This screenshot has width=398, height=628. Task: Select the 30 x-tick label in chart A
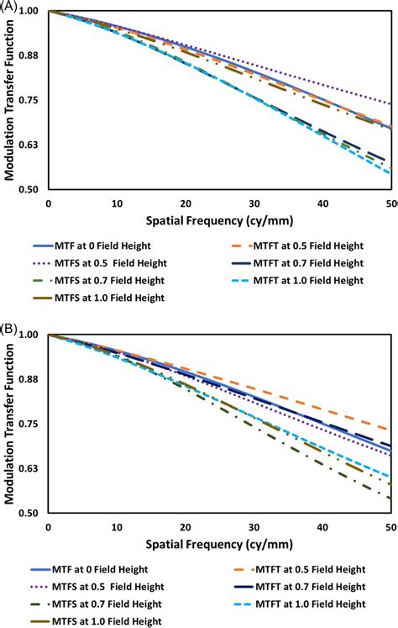point(254,204)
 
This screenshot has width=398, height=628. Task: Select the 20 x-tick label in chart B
point(186,528)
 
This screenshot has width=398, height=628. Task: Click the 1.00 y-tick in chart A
point(30,12)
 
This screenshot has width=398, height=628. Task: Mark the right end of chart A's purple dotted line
point(390,104)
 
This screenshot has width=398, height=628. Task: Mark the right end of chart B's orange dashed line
point(390,430)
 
